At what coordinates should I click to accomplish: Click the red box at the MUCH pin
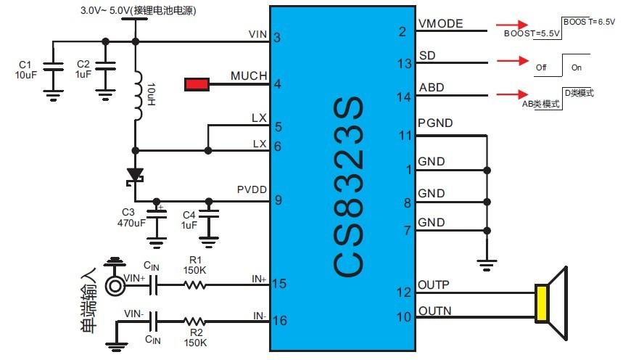coord(197,84)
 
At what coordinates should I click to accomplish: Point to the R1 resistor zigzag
coord(195,285)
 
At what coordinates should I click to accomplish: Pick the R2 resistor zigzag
coord(195,320)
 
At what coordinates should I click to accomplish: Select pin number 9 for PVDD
coord(278,200)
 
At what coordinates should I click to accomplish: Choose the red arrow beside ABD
coord(513,94)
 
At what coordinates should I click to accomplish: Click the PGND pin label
coord(435,123)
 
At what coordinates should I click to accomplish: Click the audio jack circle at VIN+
coord(115,285)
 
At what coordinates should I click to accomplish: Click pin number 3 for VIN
coord(278,38)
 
